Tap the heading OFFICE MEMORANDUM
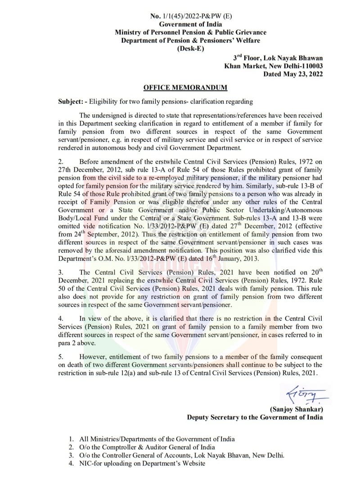tap(185, 87)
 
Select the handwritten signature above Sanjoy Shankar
tap(302, 396)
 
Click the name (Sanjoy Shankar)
tap(296, 409)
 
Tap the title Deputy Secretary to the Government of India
tap(255, 417)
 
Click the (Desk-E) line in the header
tap(190, 49)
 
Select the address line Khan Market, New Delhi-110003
tap(274, 66)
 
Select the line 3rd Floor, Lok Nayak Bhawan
tap(278, 58)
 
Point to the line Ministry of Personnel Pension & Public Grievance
tap(190, 32)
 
